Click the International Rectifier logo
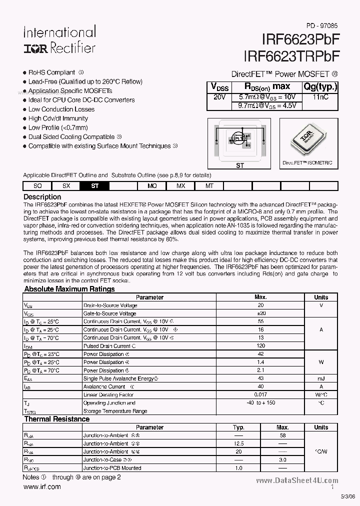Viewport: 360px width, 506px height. [x=59, y=40]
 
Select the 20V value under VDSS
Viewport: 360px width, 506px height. [x=219, y=96]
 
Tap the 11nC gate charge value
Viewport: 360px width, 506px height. [x=320, y=96]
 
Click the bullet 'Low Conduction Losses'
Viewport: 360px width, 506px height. [x=61, y=109]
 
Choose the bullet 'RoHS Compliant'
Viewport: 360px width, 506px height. [x=52, y=72]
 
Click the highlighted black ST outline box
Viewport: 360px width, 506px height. [x=94, y=185]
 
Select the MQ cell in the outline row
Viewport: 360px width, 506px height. [x=152, y=185]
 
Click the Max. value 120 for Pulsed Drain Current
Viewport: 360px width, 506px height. [x=260, y=346]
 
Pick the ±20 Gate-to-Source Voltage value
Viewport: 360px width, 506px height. [x=260, y=313]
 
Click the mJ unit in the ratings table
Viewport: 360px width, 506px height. [x=321, y=378]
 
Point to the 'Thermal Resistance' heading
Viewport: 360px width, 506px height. [x=57, y=419]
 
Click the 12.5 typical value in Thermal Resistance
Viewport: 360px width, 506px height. [x=238, y=443]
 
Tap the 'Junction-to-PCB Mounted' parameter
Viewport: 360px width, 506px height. [x=112, y=468]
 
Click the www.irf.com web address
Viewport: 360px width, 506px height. [x=42, y=486]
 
